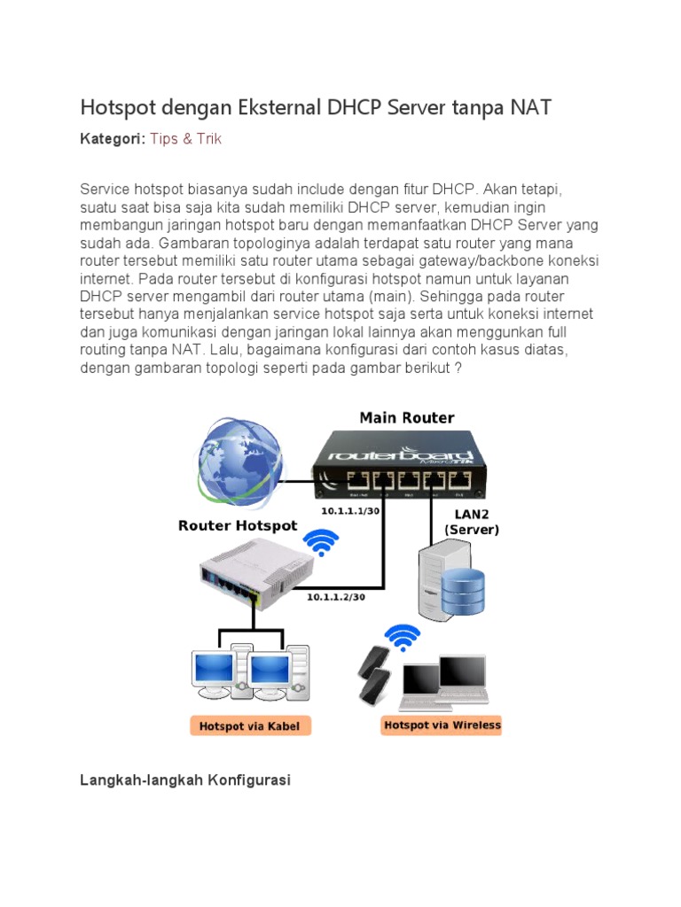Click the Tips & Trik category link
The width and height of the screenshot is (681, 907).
(x=185, y=139)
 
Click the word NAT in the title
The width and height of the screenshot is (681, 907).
(x=530, y=108)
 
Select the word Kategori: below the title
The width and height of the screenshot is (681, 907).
(x=113, y=139)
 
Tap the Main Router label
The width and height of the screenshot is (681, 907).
(x=406, y=417)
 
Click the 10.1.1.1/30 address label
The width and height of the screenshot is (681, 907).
(x=351, y=512)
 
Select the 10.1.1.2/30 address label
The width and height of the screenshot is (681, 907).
(x=336, y=596)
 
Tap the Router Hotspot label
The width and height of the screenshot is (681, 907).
(x=238, y=525)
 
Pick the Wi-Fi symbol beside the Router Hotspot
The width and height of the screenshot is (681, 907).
(x=320, y=543)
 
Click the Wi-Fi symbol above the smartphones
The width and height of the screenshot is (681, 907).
(x=403, y=637)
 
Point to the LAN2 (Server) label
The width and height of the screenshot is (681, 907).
(x=472, y=522)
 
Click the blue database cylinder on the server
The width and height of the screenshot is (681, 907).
(x=463, y=591)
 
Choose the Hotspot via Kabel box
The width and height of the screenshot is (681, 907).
(x=249, y=726)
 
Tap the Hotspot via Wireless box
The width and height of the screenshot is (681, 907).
(x=442, y=725)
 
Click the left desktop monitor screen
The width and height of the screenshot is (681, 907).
(x=213, y=669)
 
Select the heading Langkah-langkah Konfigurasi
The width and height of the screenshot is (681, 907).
(x=185, y=780)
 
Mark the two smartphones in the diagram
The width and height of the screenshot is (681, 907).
(x=374, y=676)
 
